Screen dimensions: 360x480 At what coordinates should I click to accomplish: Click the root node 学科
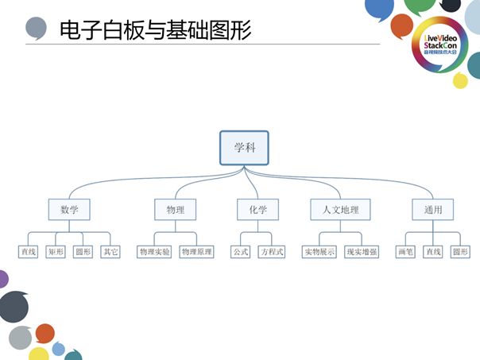coord(244,149)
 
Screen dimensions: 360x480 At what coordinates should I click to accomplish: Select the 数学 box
coord(70,210)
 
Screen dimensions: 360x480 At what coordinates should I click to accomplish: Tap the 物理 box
coord(175,210)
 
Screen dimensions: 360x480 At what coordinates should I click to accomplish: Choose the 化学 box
coord(257,210)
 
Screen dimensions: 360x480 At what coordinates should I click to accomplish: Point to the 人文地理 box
coord(340,210)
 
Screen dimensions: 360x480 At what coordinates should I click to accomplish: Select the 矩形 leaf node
coord(56,252)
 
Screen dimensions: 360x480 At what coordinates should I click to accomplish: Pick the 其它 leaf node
coord(110,252)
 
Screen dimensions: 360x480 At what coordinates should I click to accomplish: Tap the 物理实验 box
coord(154,252)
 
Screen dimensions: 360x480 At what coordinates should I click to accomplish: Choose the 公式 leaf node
coord(240,252)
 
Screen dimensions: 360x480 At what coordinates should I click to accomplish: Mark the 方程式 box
coord(271,252)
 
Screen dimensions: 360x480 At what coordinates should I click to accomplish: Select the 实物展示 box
coord(319,252)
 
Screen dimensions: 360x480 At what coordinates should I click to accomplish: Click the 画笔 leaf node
coord(405,252)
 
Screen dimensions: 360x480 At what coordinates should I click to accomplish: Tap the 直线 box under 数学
coord(29,252)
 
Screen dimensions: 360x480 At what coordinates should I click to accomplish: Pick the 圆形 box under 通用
coord(460,252)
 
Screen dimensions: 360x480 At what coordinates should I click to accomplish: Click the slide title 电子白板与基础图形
coord(156,30)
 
